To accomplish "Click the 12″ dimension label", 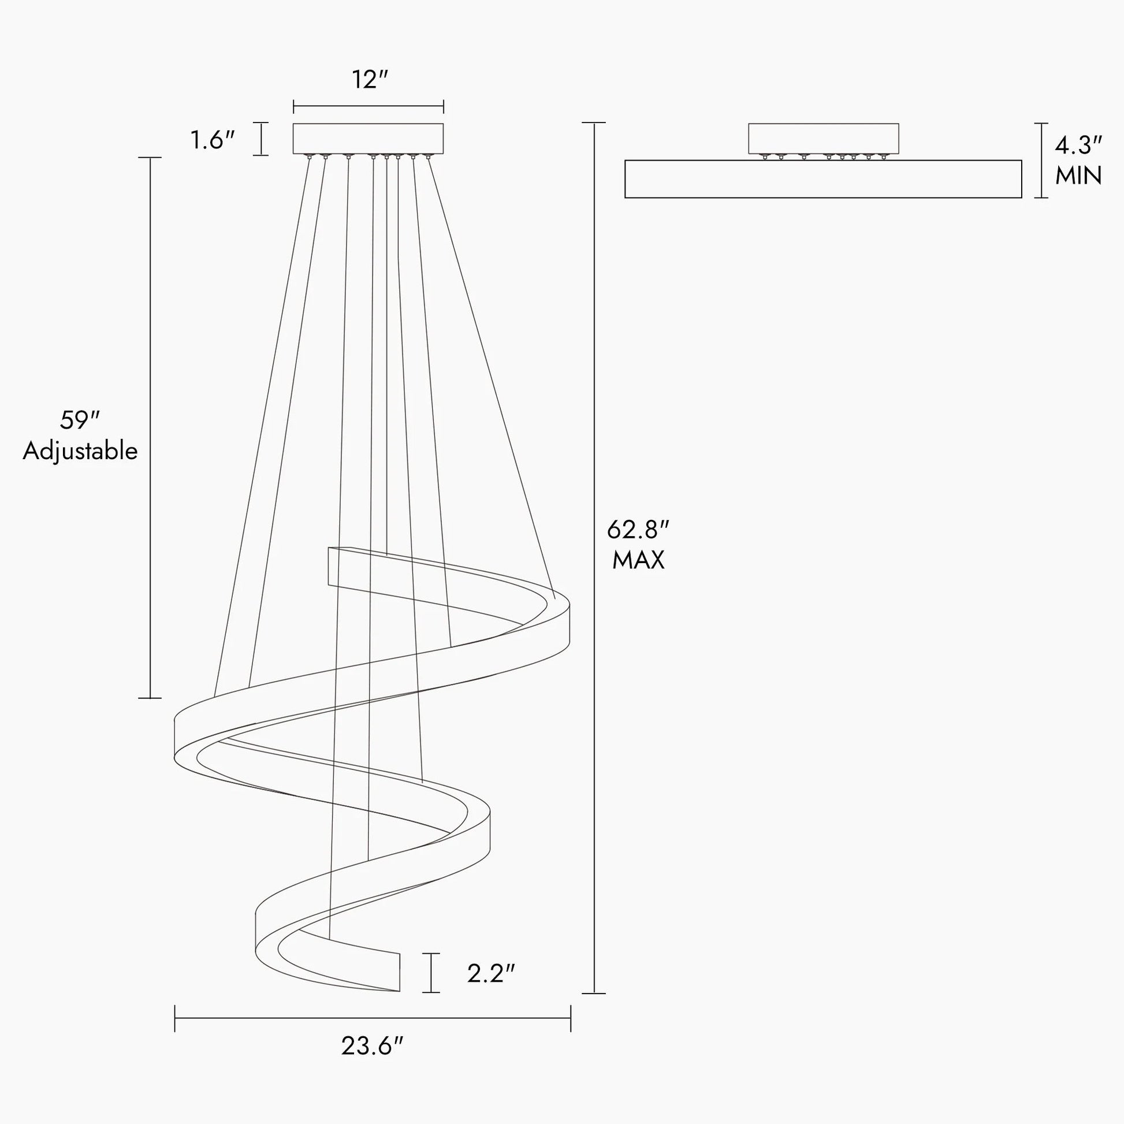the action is [x=370, y=80].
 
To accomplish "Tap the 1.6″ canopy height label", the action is [x=213, y=140].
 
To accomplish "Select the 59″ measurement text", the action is [x=80, y=420].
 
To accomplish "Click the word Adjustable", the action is [x=80, y=452].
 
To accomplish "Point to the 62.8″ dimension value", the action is [x=638, y=530].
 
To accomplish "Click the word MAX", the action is [x=638, y=560].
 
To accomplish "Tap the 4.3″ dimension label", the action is [x=1078, y=146].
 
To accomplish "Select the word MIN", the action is [x=1078, y=176].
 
